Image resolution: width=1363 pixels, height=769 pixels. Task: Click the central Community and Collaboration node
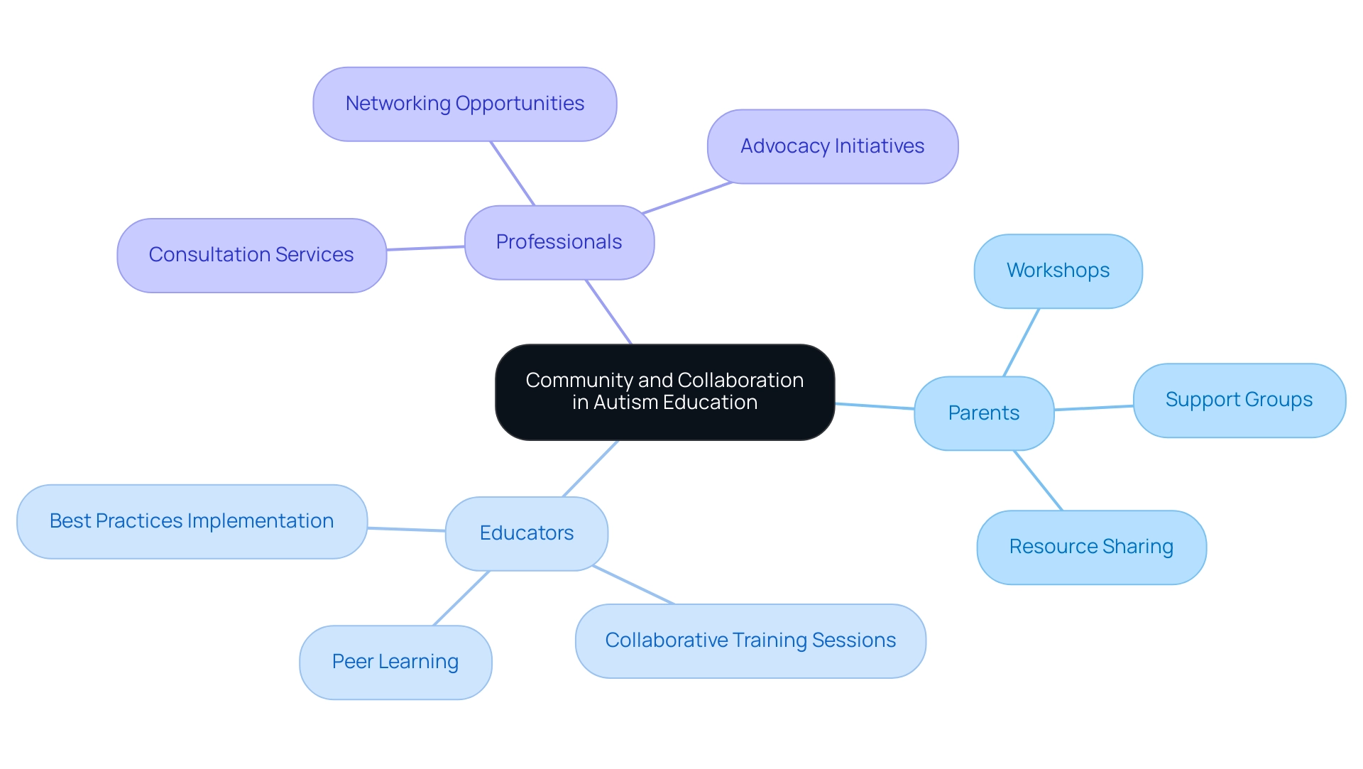[664, 391]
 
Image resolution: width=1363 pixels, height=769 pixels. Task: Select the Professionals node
[559, 242]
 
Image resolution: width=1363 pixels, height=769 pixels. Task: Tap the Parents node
[983, 413]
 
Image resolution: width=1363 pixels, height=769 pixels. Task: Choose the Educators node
[526, 533]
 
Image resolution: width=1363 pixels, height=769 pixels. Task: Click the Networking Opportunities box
[464, 104]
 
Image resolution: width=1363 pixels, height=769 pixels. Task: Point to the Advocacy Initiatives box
[832, 146]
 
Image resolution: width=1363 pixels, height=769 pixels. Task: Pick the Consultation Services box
[251, 255]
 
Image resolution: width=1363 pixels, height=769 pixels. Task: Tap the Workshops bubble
[1058, 271]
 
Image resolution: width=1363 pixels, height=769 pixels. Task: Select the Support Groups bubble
[1239, 400]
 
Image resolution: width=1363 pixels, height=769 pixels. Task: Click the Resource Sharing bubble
[1091, 547]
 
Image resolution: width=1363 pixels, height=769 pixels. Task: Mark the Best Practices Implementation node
[192, 521]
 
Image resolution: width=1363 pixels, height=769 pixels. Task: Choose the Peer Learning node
[395, 662]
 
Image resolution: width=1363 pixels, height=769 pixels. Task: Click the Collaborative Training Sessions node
[750, 640]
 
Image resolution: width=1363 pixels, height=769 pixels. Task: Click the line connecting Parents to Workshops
[1022, 342]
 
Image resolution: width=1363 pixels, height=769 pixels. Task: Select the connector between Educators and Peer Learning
[461, 598]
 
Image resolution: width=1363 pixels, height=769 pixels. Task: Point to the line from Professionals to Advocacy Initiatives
[686, 198]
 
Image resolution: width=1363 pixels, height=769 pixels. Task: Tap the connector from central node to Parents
[875, 406]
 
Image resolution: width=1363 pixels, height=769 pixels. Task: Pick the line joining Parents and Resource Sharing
[1039, 481]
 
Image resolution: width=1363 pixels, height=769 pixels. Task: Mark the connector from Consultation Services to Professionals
[426, 249]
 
